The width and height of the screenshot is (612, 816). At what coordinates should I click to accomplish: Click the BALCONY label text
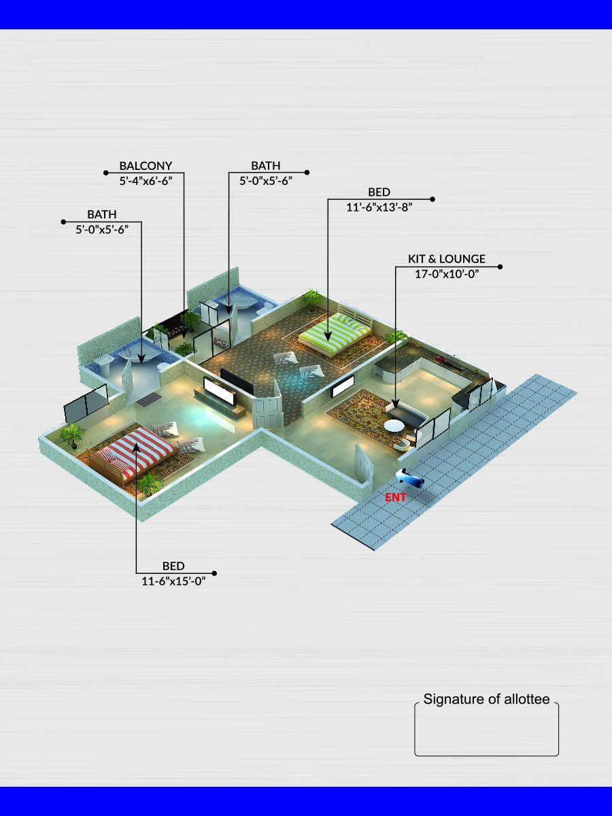point(146,165)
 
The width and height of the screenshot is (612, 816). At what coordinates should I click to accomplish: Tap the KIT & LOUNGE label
point(446,259)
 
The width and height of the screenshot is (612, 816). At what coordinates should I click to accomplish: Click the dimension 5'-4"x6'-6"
point(146,181)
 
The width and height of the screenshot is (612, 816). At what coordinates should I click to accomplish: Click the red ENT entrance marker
point(395,497)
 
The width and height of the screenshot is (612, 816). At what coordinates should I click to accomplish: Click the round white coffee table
point(394,426)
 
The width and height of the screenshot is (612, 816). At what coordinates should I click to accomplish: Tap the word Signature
point(453,699)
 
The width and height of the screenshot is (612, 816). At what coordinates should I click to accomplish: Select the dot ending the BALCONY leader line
point(105,173)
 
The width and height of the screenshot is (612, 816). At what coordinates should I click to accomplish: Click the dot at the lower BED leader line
point(215,573)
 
